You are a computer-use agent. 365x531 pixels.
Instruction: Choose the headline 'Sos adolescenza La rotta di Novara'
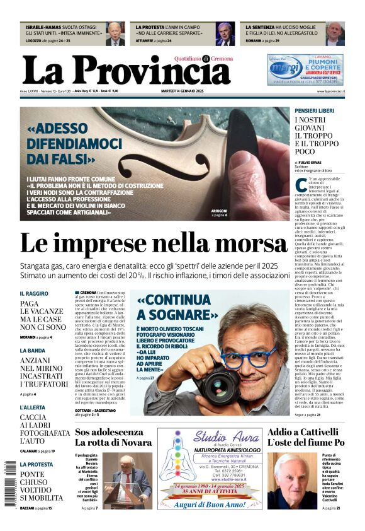pyautogui.click(x=113, y=437)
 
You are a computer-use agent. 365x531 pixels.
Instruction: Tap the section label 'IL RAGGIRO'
pyautogui.click(x=34, y=294)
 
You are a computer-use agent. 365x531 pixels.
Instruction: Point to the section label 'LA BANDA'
pyautogui.click(x=32, y=350)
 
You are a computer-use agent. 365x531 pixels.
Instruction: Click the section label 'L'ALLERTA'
pyautogui.click(x=33, y=408)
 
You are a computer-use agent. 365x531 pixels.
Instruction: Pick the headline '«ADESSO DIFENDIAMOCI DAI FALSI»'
pyautogui.click(x=76, y=144)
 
